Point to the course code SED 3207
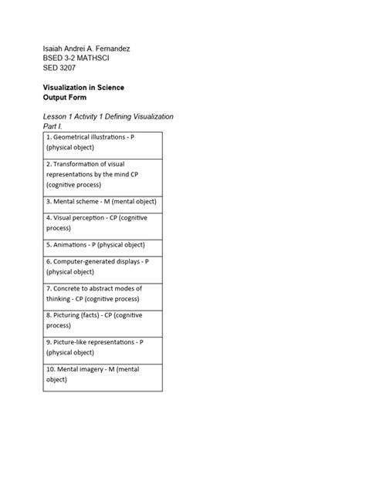coord(59,68)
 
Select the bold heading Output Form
coord(65,98)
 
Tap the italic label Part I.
coord(53,126)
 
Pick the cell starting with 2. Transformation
coord(102,175)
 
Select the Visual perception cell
coord(102,223)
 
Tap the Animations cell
coord(102,246)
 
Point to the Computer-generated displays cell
coord(102,267)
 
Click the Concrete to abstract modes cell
coord(102,294)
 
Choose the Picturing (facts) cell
coord(102,321)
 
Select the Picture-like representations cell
coord(102,348)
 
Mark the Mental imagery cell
coord(102,374)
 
